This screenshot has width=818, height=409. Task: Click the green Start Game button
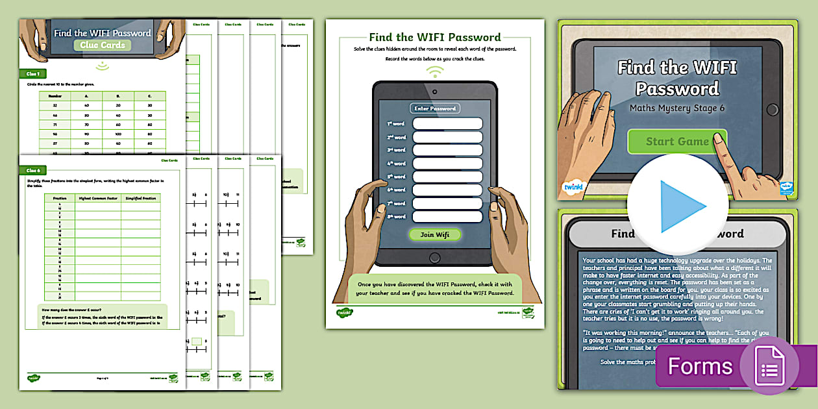[676, 142]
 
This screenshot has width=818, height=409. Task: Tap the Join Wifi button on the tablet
[434, 234]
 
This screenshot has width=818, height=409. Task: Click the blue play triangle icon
[682, 206]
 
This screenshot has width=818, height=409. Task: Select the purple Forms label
[699, 367]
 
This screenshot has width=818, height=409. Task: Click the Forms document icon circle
[769, 366]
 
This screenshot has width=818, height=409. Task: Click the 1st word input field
[447, 123]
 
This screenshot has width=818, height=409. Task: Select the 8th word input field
[447, 217]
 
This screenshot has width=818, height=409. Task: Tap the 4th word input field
[447, 164]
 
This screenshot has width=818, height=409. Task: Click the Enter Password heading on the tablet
[434, 108]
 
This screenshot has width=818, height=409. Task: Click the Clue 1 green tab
[33, 74]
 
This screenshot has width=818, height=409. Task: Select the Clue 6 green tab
[33, 170]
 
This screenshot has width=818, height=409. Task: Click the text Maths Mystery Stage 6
[676, 108]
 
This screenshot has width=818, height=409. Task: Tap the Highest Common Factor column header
[97, 198]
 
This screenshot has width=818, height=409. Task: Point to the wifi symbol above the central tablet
[434, 71]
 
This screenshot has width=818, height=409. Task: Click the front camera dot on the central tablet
[434, 90]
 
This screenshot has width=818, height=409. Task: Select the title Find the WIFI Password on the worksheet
[434, 37]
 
